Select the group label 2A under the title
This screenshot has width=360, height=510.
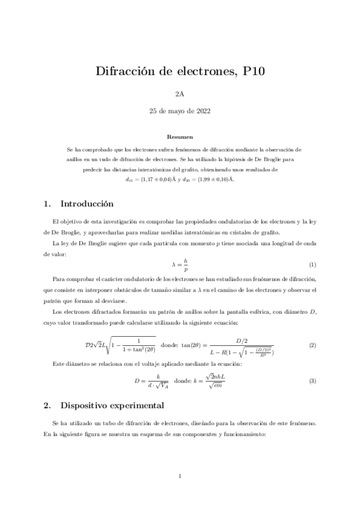180,94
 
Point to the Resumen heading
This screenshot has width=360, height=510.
180,137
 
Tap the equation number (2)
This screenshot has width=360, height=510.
312,345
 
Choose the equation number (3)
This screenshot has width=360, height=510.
312,381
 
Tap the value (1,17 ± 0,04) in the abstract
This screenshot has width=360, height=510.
157,179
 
